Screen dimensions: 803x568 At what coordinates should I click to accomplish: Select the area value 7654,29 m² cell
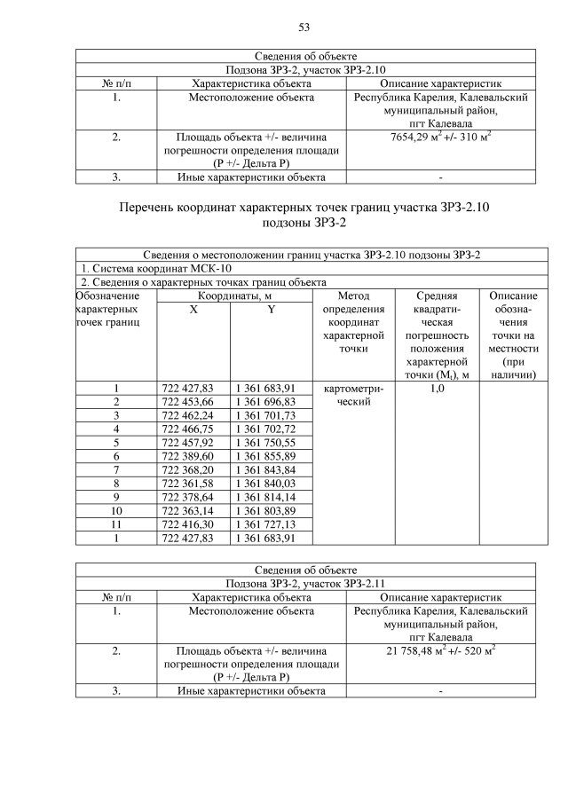click(x=441, y=138)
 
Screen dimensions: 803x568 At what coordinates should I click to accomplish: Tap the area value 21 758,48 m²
click(x=440, y=650)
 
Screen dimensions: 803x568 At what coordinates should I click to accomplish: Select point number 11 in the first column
click(x=116, y=524)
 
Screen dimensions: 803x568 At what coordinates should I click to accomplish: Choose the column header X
click(x=193, y=309)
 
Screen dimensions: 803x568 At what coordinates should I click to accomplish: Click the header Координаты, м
click(x=233, y=295)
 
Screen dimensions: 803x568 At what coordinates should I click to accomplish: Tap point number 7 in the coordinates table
click(x=116, y=468)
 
